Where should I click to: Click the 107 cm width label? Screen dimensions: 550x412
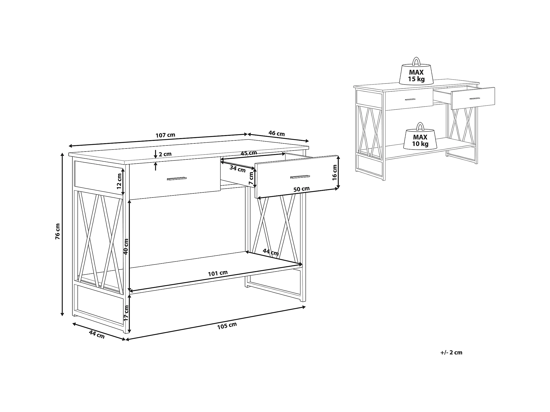165,135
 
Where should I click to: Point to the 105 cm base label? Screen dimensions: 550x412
227,326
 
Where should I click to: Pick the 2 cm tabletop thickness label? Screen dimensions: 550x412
165,154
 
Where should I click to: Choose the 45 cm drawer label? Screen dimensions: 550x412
249,153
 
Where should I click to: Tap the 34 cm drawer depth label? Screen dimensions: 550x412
238,169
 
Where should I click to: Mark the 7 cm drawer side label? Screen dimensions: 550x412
251,178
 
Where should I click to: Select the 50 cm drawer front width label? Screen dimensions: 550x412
302,189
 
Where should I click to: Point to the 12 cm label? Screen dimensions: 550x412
119,181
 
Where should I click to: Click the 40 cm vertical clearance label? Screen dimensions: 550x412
126,246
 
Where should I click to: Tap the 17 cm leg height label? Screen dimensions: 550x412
126,313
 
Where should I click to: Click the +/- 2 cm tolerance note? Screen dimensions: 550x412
451,353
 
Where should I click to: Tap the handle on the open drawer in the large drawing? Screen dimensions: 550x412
300,176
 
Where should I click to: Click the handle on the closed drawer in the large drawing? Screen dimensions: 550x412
177,178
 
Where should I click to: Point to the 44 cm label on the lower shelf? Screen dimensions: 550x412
271,252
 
